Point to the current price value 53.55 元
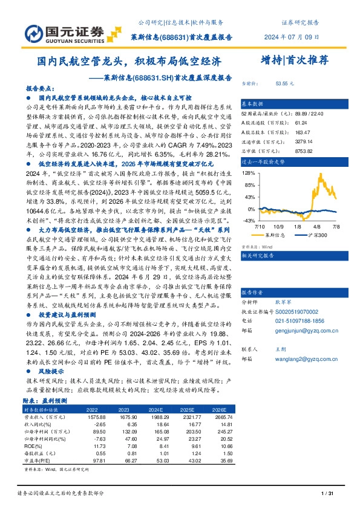click(285, 83)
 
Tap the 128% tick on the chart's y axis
click(249, 172)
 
